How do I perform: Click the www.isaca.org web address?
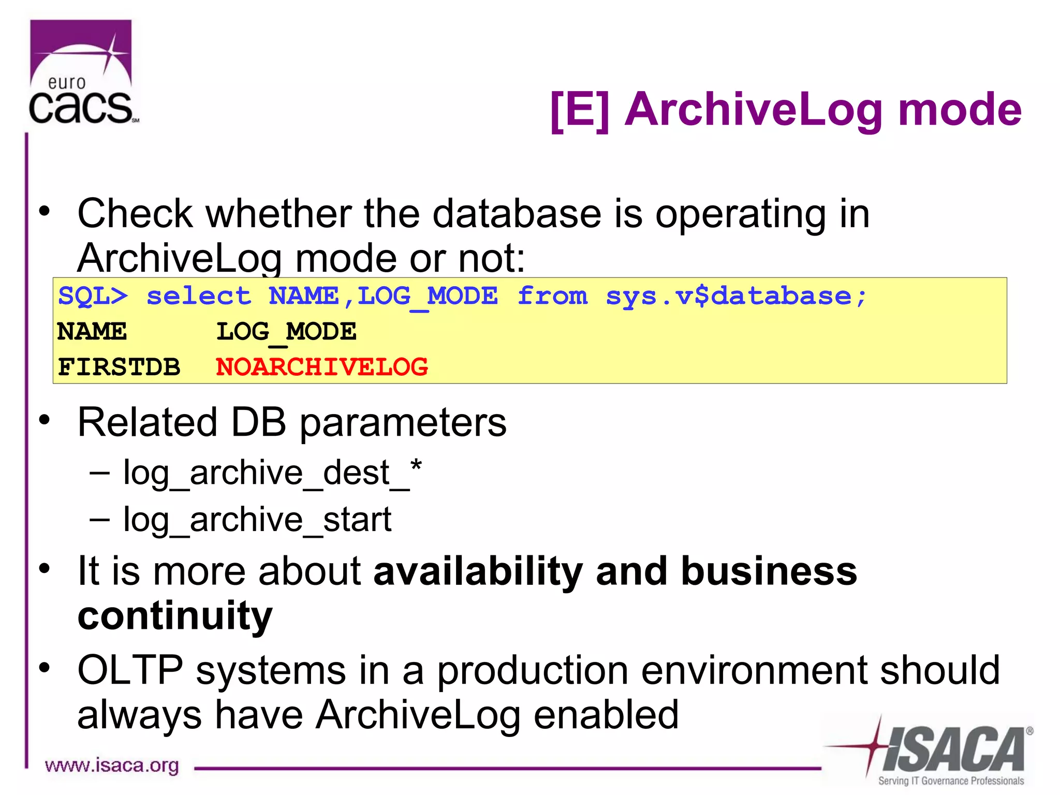tap(112, 765)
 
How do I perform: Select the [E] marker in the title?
tap(580, 110)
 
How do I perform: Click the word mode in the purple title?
tap(960, 110)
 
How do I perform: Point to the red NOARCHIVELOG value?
tap(321, 367)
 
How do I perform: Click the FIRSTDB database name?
tap(119, 367)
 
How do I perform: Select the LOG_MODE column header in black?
tap(286, 332)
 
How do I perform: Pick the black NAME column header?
tap(92, 332)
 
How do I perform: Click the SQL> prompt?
tap(93, 297)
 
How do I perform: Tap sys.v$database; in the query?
tap(735, 297)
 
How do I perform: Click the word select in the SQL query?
tap(199, 297)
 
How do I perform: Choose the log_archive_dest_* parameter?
tap(272, 473)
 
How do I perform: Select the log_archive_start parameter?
tap(257, 520)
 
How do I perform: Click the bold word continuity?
tap(175, 616)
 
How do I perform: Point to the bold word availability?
tap(478, 571)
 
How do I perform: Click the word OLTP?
tap(130, 670)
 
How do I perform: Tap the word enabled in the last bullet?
tap(606, 715)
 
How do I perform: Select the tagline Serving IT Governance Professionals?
tap(951, 781)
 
